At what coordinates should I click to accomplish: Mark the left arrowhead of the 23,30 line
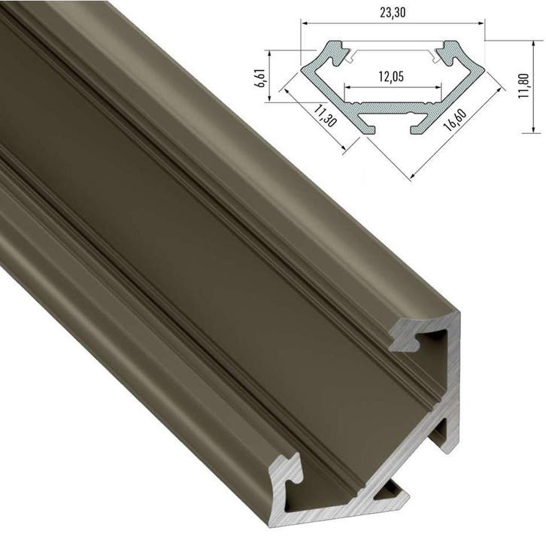305,23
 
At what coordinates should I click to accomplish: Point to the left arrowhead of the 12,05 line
347,87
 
